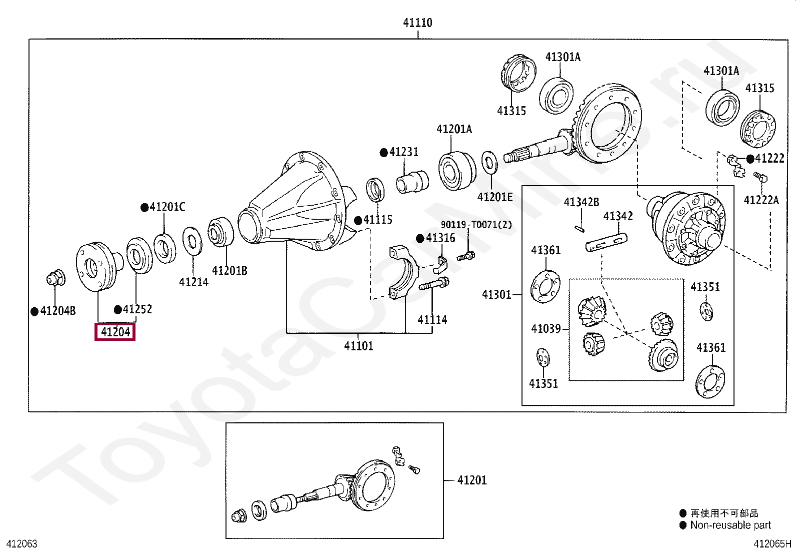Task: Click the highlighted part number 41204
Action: pos(115,332)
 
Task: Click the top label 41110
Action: pos(417,23)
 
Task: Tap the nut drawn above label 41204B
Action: pos(55,278)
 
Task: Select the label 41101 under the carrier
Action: pos(358,346)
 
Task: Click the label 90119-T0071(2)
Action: pos(476,225)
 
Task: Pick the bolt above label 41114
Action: pos(433,284)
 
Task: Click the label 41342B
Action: pos(581,202)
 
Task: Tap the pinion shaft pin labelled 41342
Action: pos(606,242)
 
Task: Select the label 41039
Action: pos(545,329)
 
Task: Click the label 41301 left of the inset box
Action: pos(496,294)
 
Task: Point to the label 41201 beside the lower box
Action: pos(471,480)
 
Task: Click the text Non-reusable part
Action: pos(730,525)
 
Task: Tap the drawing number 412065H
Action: pos(772,544)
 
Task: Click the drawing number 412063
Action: pos(21,544)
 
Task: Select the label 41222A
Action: pos(761,200)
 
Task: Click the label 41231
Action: pos(403,152)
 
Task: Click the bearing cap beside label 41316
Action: pos(403,273)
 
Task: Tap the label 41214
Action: pos(193,282)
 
